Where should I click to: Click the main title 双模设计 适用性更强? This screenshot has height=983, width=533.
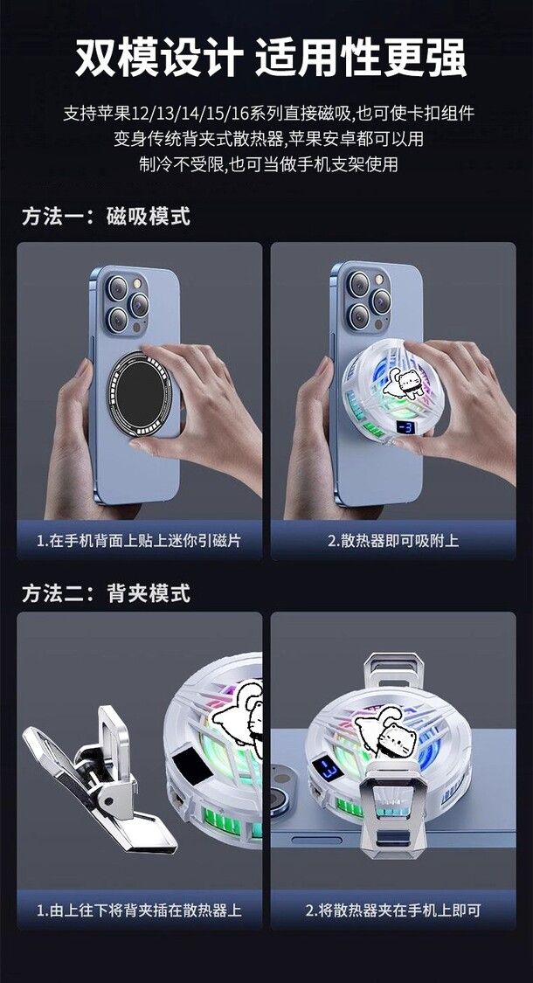coord(271,59)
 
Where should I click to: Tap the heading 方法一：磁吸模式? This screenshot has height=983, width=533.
coord(106,217)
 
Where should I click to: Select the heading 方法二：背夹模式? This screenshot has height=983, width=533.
coord(106,592)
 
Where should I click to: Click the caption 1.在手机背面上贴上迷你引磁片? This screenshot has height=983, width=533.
coord(139,540)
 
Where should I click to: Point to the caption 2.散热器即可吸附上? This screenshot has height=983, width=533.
coord(393,540)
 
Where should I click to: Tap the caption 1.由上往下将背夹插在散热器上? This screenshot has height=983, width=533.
coord(139,910)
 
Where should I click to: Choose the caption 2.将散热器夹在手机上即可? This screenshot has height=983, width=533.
coord(393,910)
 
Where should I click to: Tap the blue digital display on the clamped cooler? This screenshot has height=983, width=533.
coord(329,768)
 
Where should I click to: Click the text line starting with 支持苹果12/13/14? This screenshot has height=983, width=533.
coord(268,114)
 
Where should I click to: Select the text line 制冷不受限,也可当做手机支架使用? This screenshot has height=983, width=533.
coord(268,163)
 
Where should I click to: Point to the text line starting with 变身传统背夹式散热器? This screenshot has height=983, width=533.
coord(268,139)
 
